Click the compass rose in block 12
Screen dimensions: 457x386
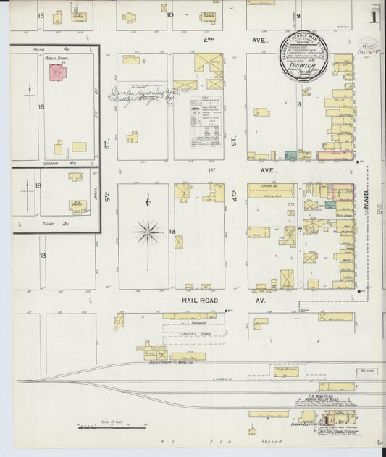148,232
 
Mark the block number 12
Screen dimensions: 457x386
172,232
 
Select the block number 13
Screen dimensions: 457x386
43,256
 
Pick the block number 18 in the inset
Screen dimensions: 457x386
38,186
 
